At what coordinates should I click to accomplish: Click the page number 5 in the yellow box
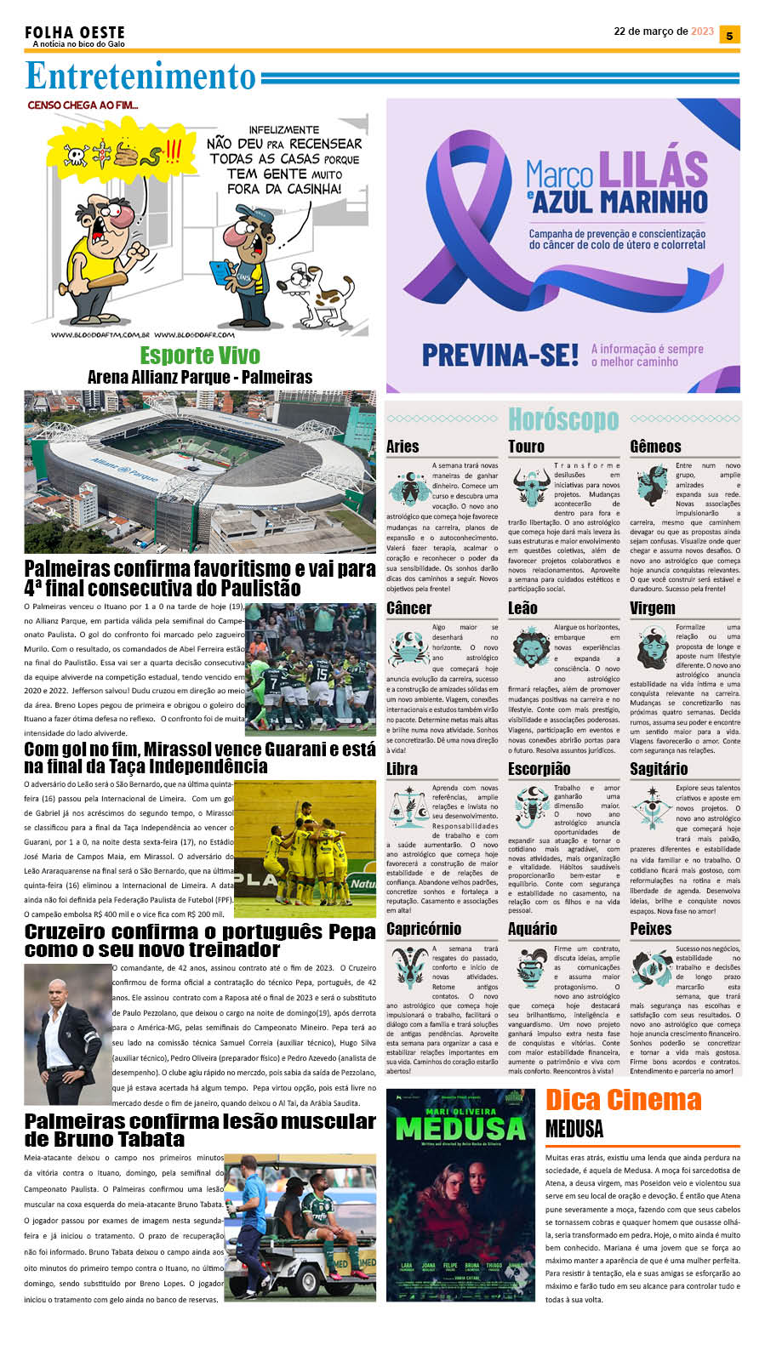coord(729,35)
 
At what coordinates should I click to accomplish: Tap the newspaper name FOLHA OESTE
coord(74,32)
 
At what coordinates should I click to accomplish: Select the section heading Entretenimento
coord(140,77)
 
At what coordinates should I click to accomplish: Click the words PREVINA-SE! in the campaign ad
coord(500,355)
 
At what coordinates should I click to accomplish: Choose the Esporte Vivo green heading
coord(200,355)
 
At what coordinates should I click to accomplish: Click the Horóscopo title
coord(562,419)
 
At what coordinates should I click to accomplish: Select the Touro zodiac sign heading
coord(526,447)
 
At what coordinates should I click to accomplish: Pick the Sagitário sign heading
coord(659,769)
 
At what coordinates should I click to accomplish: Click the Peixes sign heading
coord(651,929)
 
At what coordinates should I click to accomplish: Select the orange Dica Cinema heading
coord(623,1100)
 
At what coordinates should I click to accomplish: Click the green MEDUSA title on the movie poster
coord(460,1129)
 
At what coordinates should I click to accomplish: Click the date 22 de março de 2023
coord(664,31)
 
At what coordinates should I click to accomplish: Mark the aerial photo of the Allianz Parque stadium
coord(200,471)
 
